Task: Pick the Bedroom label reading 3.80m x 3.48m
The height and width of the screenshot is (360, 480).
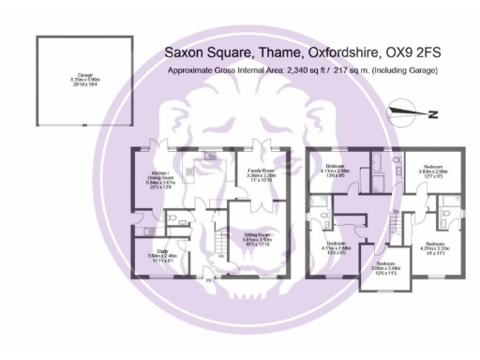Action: [379, 267]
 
